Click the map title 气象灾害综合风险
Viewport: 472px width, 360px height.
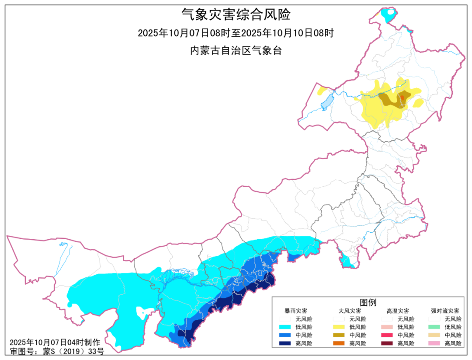pyautogui.click(x=236, y=15)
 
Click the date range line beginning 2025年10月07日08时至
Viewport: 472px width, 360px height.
pyautogui.click(x=236, y=33)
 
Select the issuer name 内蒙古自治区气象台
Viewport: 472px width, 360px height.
pyautogui.click(x=236, y=50)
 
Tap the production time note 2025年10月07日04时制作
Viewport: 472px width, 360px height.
pyautogui.click(x=55, y=342)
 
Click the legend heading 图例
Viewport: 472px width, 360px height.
pyautogui.click(x=368, y=303)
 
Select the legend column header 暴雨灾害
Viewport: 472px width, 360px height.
pyautogui.click(x=295, y=311)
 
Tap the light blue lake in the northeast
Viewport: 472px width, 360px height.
pyautogui.click(x=326, y=103)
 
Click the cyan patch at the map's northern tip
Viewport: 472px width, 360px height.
pyautogui.click(x=387, y=16)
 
